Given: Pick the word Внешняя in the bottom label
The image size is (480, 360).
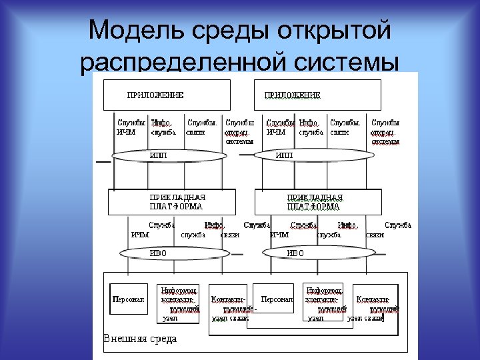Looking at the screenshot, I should tap(123, 339).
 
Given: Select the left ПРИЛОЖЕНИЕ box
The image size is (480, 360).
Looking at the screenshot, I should tap(166, 95).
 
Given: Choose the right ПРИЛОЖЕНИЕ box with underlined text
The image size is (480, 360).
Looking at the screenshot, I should tap(317, 95).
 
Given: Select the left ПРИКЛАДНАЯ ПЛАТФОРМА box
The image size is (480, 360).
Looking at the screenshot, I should tap(171, 201).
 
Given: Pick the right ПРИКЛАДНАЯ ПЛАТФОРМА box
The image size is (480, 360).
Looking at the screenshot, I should tap(318, 201).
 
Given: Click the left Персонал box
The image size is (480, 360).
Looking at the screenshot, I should tap(129, 300).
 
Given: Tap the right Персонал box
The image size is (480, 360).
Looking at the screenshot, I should tap(277, 300).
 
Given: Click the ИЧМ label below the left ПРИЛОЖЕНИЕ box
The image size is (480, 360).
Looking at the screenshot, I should tap(126, 132).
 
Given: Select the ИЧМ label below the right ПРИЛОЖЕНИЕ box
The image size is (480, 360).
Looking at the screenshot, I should tap(276, 132).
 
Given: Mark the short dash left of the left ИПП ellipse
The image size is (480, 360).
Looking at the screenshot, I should tap(103, 162).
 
